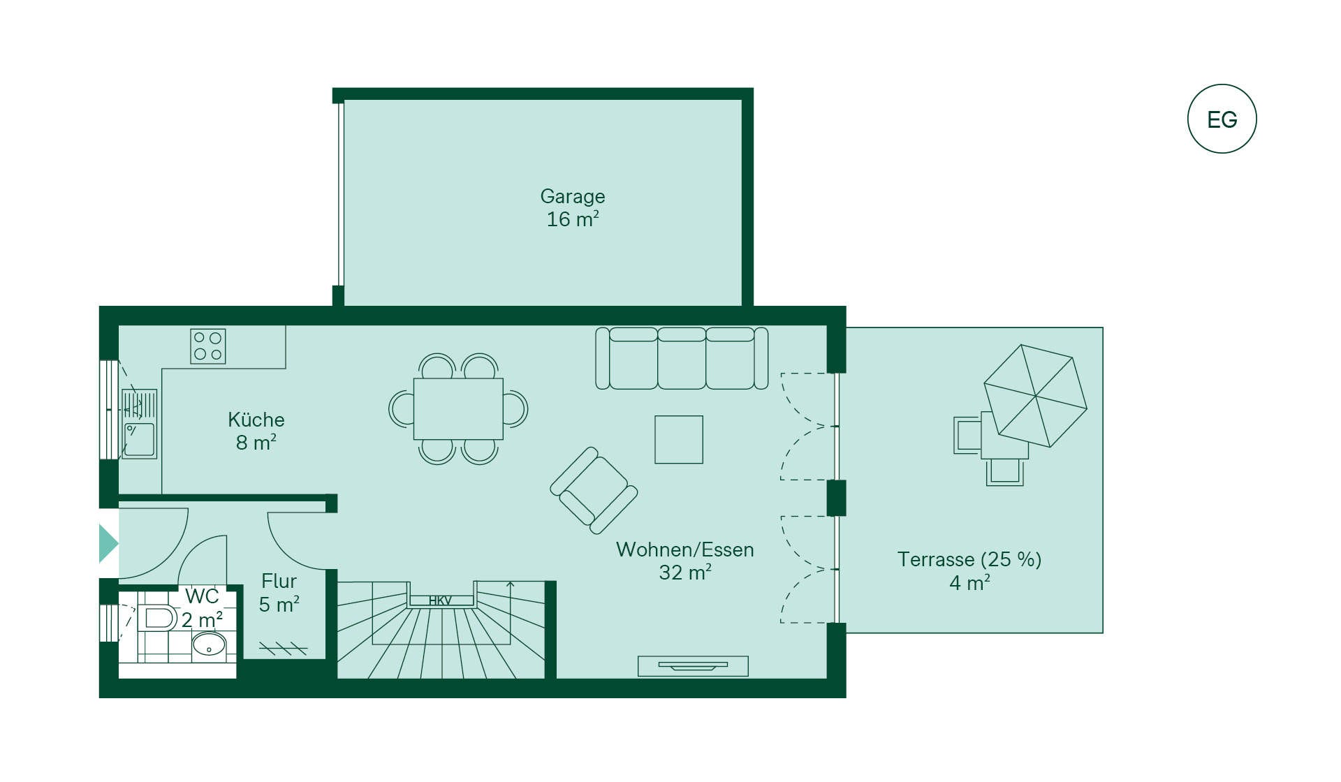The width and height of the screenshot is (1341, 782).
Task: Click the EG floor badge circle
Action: pyautogui.click(x=1222, y=119)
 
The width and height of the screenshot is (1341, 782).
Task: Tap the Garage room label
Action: pyautogui.click(x=573, y=197)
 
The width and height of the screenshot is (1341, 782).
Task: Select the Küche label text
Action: pyautogui.click(x=256, y=420)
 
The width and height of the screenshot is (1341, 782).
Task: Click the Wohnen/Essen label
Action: pyautogui.click(x=684, y=550)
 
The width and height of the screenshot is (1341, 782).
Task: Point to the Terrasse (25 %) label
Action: pyautogui.click(x=969, y=560)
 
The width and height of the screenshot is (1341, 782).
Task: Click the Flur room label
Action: pyautogui.click(x=279, y=581)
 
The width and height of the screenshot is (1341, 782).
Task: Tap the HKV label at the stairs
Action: pyautogui.click(x=440, y=600)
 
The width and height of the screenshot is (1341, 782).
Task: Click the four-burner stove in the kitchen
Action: pyautogui.click(x=208, y=346)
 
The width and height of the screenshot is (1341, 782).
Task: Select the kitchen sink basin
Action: pyautogui.click(x=139, y=440)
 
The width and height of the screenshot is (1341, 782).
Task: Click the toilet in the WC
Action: pyautogui.click(x=159, y=618)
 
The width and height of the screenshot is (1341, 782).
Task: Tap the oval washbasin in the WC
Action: pyautogui.click(x=209, y=644)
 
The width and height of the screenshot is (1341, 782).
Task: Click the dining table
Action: pyautogui.click(x=458, y=409)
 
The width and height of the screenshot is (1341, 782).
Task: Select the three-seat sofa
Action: pyautogui.click(x=682, y=358)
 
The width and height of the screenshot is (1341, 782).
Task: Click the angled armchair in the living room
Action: pyautogui.click(x=594, y=490)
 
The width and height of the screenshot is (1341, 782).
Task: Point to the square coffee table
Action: pyautogui.click(x=679, y=439)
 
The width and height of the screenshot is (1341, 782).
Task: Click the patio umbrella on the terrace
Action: pyautogui.click(x=1036, y=396)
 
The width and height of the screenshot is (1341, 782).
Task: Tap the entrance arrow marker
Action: pyautogui.click(x=108, y=543)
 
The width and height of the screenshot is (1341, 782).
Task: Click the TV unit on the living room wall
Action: pyautogui.click(x=693, y=666)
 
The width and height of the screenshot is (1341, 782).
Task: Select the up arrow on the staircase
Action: pyautogui.click(x=511, y=586)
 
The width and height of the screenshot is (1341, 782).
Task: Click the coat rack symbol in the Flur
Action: pyautogui.click(x=283, y=649)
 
